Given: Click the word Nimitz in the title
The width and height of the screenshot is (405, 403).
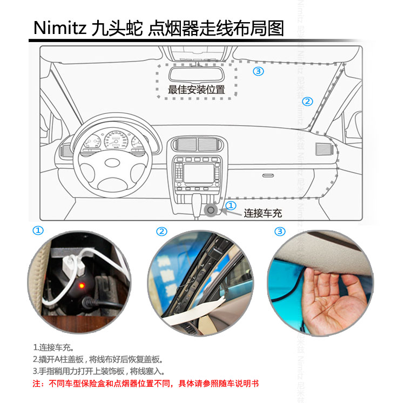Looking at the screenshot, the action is pyautogui.click(x=60, y=28).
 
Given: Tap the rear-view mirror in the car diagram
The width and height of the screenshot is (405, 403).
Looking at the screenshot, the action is pyautogui.click(x=197, y=74).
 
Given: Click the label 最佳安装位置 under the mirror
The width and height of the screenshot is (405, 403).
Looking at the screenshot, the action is pyautogui.click(x=197, y=90).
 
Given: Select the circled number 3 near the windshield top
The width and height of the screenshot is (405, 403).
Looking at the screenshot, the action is pyautogui.click(x=258, y=71).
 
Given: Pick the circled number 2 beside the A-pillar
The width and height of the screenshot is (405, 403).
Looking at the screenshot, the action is pyautogui.click(x=307, y=101).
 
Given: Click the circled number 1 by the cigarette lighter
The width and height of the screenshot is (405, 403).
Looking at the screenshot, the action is pyautogui.click(x=231, y=206).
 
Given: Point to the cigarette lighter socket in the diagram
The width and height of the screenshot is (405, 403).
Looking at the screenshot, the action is pyautogui.click(x=211, y=210).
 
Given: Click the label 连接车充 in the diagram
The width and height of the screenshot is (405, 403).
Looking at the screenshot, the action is pyautogui.click(x=262, y=213).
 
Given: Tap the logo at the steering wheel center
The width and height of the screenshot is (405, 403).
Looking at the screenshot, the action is pyautogui.click(x=112, y=163).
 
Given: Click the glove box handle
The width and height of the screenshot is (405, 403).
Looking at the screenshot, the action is pyautogui.click(x=268, y=175).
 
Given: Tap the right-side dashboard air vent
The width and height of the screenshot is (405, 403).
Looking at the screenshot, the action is pyautogui.click(x=323, y=149).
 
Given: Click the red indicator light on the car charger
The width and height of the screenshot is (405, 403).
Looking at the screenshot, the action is pyautogui.click(x=82, y=285).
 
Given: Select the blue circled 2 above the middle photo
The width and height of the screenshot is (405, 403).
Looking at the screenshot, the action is pyautogui.click(x=161, y=231).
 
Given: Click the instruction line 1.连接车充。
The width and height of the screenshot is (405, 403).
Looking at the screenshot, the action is pyautogui.click(x=53, y=347).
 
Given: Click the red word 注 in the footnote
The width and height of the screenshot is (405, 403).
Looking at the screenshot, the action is pyautogui.click(x=37, y=384).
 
